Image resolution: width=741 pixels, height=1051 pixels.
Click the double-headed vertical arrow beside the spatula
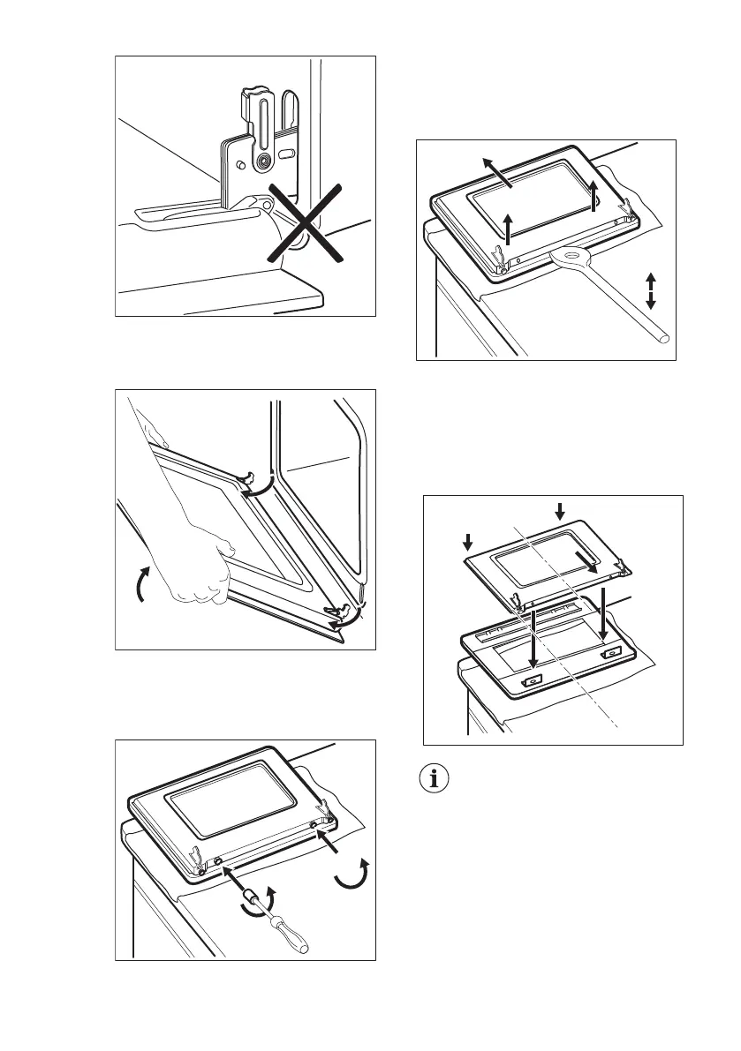651,290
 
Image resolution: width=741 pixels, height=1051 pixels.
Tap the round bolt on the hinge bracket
261,161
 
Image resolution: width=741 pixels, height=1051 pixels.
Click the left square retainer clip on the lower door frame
533,681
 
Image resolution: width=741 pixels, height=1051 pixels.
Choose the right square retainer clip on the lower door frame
609,655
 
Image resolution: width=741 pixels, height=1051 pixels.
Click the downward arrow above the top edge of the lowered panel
557,509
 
